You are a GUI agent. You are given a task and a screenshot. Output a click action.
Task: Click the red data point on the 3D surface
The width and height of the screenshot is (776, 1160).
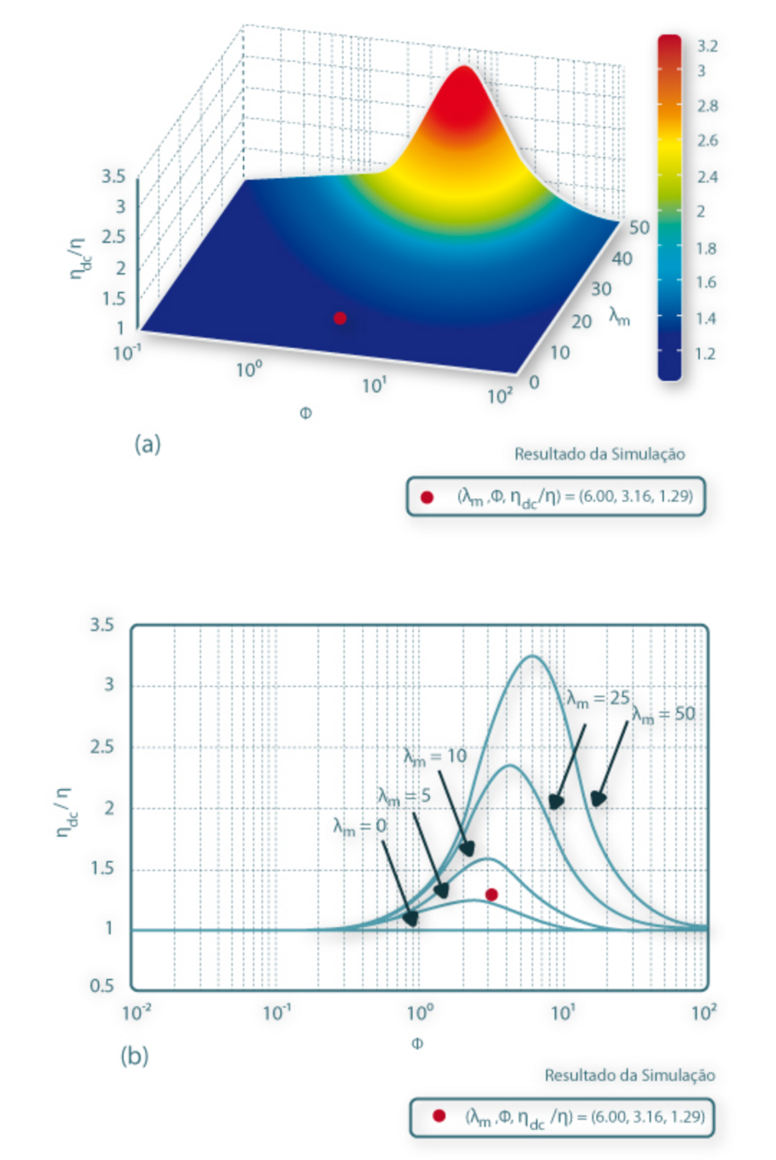coord(340,318)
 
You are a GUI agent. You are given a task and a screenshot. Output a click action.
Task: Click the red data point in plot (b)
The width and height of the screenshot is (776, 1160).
coord(491,895)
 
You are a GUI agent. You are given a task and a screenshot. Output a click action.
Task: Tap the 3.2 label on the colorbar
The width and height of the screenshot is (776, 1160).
coord(707,47)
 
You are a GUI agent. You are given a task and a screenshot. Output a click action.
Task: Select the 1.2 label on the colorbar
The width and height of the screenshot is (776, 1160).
coord(706,354)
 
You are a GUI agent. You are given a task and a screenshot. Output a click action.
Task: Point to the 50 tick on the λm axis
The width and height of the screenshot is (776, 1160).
coord(639,228)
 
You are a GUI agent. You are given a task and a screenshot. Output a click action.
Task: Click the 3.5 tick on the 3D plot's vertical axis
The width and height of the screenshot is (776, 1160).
coord(113,176)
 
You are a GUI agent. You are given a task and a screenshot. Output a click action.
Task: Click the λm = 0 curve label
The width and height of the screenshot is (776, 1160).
coord(360,827)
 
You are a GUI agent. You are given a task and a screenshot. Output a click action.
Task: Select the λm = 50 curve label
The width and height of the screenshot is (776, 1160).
coord(664,714)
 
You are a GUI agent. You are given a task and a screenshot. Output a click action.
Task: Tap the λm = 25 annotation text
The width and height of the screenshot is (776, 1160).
coord(598,699)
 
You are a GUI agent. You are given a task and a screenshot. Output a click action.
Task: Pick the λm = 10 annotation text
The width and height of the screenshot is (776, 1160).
coord(435,756)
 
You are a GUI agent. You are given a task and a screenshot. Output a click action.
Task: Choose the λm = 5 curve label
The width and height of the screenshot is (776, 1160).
coord(405,796)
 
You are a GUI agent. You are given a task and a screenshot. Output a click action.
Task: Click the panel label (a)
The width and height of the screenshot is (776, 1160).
coord(147,444)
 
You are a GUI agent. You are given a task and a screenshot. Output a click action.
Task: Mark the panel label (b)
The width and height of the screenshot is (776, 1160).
coord(135,1056)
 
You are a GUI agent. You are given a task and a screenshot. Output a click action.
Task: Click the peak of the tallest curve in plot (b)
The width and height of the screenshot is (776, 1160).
coord(532,656)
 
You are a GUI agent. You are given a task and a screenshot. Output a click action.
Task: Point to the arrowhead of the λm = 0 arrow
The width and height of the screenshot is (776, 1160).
coord(411,919)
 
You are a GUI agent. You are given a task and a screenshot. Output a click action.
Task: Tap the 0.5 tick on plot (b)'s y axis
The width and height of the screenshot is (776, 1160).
coord(102,985)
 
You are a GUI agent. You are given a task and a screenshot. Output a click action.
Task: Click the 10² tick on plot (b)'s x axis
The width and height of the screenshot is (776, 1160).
coord(703,1013)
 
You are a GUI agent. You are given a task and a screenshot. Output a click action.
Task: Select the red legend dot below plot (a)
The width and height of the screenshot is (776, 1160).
coord(427,497)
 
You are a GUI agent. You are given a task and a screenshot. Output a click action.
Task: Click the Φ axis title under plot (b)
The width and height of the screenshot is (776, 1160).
coord(417,1044)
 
